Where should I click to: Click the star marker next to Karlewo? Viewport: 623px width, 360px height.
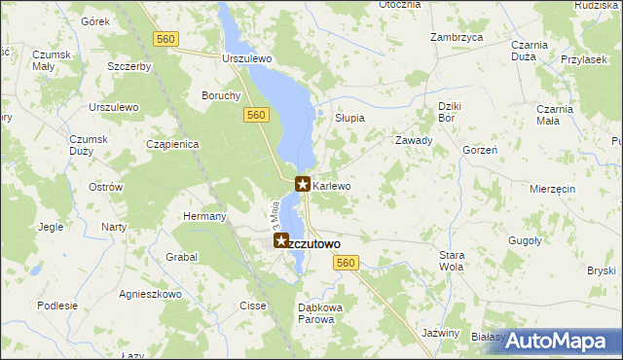(303, 183)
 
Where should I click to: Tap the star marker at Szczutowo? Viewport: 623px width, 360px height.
(280, 240)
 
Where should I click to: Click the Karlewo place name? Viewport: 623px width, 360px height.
(332, 185)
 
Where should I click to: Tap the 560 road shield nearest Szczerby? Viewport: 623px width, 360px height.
(166, 38)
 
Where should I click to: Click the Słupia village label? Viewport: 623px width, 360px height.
(349, 118)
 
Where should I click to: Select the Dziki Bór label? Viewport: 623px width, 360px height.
(447, 111)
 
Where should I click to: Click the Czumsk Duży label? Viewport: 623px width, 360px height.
(87, 145)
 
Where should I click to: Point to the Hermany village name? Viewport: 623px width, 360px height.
(204, 216)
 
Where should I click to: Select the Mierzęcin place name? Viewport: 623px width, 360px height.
(553, 188)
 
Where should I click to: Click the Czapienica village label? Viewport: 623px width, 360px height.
(172, 144)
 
